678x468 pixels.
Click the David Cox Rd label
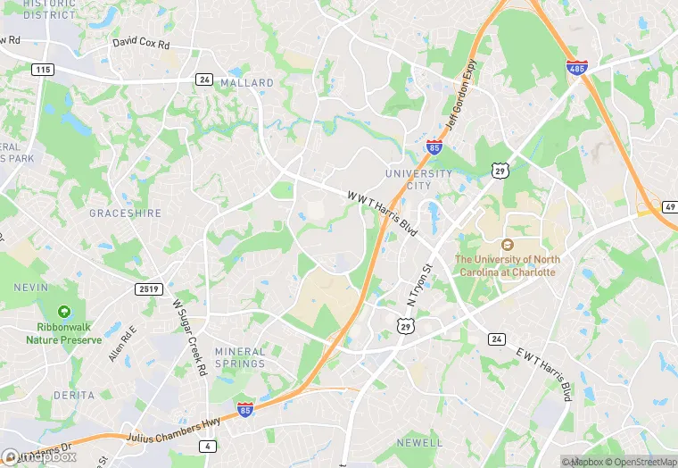tap(141, 43)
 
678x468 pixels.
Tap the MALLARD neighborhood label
tap(248, 83)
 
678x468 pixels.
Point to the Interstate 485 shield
tap(576, 67)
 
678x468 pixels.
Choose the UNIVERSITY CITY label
tap(418, 179)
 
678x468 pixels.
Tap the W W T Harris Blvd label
tap(383, 211)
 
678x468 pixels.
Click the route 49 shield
tap(669, 207)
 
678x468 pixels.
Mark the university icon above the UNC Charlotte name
tap(507, 245)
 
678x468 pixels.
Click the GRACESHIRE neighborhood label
tap(124, 214)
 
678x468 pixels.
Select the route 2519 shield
tap(148, 288)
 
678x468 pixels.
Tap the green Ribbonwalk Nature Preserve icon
tap(64, 312)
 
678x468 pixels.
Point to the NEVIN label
tap(30, 288)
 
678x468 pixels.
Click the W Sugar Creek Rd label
tap(190, 338)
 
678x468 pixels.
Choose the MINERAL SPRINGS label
tap(240, 357)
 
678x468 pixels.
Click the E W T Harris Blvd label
tap(542, 372)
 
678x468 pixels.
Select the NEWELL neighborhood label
tap(419, 442)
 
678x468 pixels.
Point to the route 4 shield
tap(207, 445)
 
